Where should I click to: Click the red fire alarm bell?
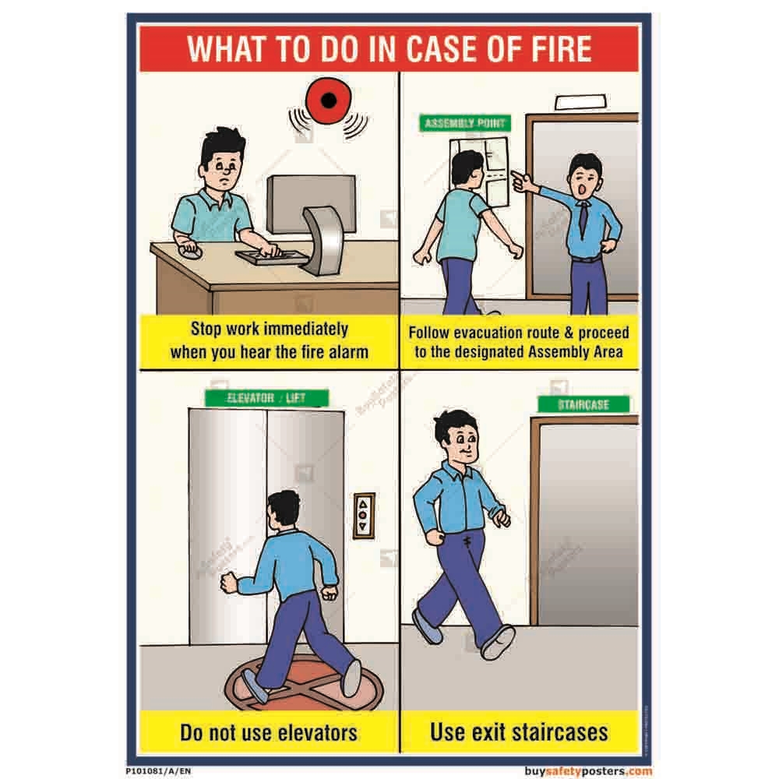(x=329, y=100)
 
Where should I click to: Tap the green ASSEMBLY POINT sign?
(x=465, y=123)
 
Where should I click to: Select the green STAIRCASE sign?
(x=583, y=404)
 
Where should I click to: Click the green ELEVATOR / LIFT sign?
(x=266, y=398)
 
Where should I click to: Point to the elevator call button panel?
(x=364, y=516)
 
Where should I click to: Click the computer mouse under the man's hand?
(x=189, y=252)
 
